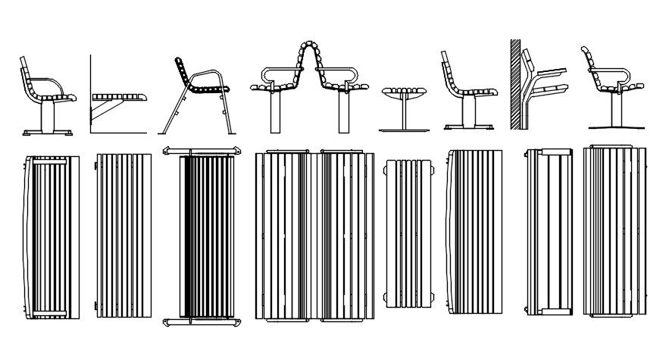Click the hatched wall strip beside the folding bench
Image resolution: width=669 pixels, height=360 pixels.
[514, 83]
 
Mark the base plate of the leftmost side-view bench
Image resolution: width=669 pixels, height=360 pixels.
[47, 133]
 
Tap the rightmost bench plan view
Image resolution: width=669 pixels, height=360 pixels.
[614, 231]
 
